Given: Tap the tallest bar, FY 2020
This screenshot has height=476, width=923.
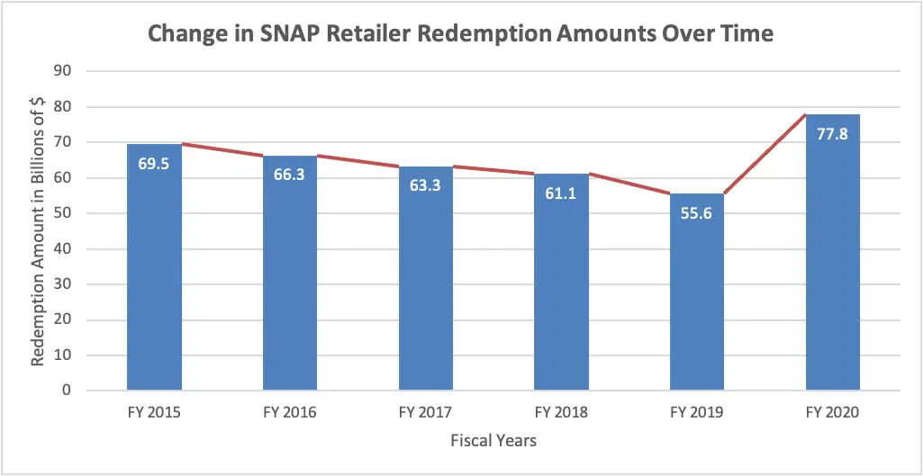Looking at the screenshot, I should coord(832,270).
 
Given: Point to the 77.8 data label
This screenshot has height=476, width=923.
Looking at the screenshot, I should coord(832,134).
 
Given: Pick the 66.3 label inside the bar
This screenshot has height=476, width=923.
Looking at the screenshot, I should coord(290,175).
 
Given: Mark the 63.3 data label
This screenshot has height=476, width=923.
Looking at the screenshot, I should coord(426,185).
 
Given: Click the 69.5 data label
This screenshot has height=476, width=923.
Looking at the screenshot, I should coord(155,164).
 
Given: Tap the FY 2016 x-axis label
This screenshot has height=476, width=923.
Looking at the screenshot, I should coord(290,413).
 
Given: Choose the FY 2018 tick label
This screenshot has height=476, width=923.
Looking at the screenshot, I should coord(561,413).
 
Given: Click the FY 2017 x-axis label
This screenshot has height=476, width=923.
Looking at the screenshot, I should coord(426,413).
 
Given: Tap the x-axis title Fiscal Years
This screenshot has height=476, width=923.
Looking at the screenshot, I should coord(493,441).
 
